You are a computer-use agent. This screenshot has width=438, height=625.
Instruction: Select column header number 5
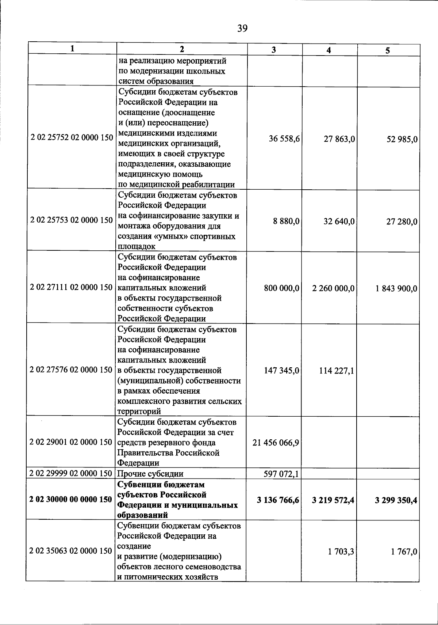pyautogui.click(x=388, y=51)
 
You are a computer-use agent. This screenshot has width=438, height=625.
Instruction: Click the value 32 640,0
pyautogui.click(x=339, y=221)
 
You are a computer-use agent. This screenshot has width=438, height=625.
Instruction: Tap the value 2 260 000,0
pyautogui.click(x=333, y=288)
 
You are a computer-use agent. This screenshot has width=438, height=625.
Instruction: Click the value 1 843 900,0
pyautogui.click(x=396, y=289)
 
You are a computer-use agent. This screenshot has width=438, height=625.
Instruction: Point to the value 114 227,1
pyautogui.click(x=337, y=371)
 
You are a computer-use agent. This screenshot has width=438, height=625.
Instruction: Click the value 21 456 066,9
pyautogui.click(x=276, y=443)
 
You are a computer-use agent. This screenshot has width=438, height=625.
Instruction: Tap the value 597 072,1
pyautogui.click(x=281, y=474)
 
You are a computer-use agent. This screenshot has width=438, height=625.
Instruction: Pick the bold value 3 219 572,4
pyautogui.click(x=333, y=500)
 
